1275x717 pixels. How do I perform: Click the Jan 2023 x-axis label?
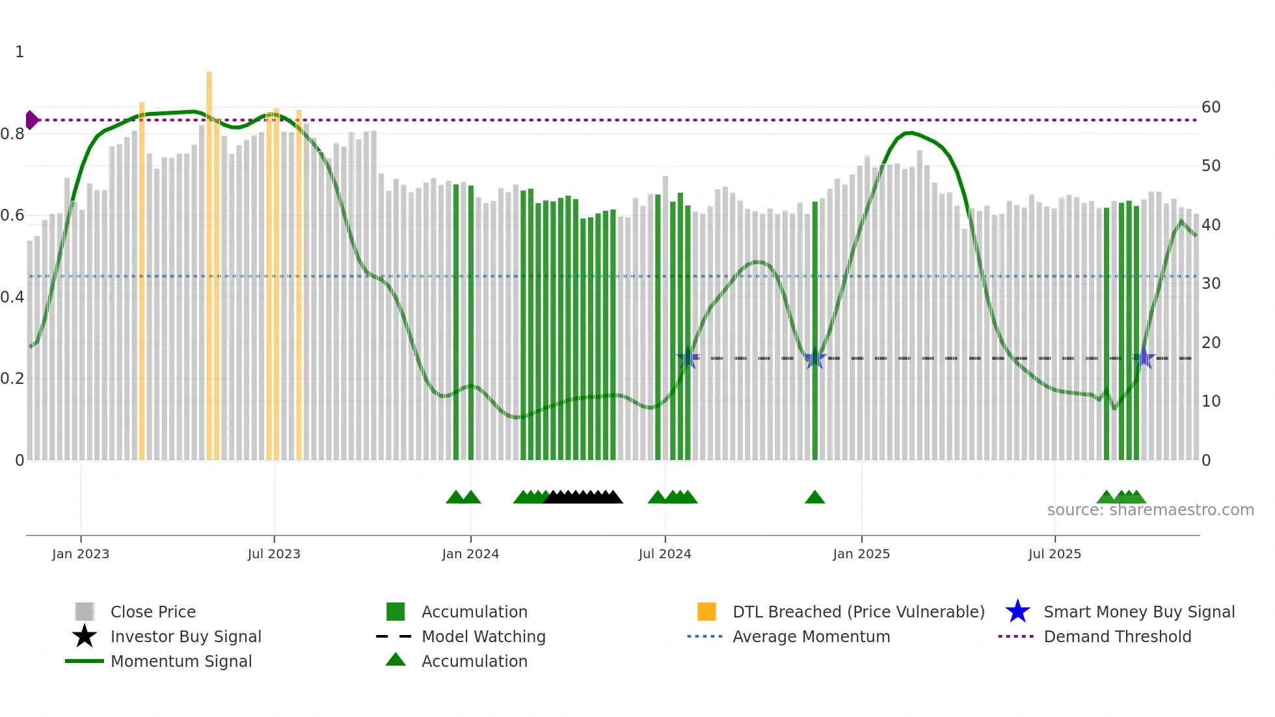point(81,554)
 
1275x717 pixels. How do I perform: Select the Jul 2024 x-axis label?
point(665,554)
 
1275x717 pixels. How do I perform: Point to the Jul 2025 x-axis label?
point(1054,554)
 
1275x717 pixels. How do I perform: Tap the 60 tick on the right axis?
point(1211,107)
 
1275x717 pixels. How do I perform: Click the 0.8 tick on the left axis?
point(12,134)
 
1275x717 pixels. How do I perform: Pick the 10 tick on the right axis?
point(1211,401)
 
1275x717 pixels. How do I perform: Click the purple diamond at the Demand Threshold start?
point(31,120)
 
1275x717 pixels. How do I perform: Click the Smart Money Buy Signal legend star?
point(1017,612)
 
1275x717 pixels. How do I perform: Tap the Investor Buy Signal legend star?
point(85,636)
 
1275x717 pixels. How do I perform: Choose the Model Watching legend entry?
point(483,636)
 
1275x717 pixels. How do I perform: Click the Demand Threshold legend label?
point(1117,636)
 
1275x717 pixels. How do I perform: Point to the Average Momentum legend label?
point(811,636)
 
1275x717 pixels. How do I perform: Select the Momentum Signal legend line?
point(85,661)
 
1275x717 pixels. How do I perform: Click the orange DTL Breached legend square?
point(706,612)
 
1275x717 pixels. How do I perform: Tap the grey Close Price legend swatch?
point(85,612)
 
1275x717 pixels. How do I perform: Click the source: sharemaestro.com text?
point(1150,510)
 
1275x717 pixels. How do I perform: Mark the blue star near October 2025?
point(1144,358)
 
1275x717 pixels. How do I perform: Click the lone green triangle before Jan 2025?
point(814,498)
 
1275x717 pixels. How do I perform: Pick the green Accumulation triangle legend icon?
point(396,660)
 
